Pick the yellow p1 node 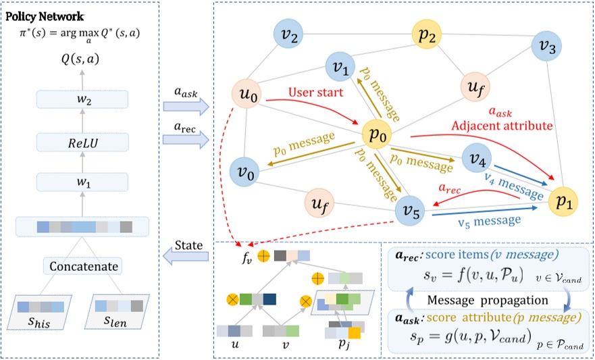click(x=563, y=201)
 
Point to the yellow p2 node click(x=428, y=36)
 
